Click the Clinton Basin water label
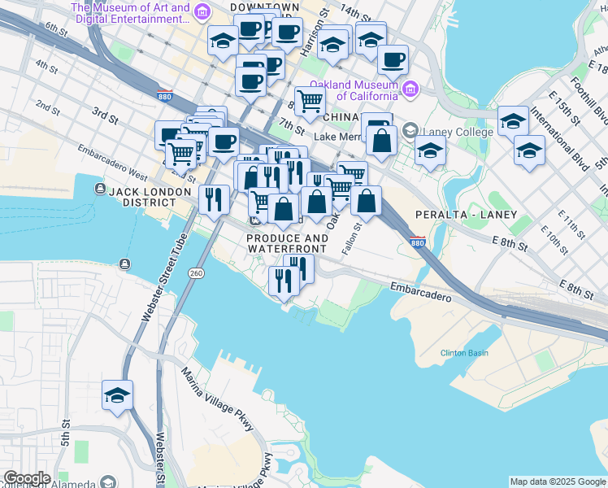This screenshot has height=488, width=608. pyautogui.click(x=464, y=352)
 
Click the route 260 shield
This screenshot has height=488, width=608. pyautogui.click(x=196, y=273)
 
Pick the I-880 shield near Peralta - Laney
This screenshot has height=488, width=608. pyautogui.click(x=417, y=242)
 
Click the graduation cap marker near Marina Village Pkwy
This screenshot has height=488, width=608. pyautogui.click(x=117, y=396)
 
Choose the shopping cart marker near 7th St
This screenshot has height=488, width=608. pyautogui.click(x=310, y=102)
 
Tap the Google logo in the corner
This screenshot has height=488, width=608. pyautogui.click(x=27, y=478)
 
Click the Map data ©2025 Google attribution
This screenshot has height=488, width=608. pyautogui.click(x=558, y=481)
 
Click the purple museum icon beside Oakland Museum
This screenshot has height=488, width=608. pyautogui.click(x=410, y=87)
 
